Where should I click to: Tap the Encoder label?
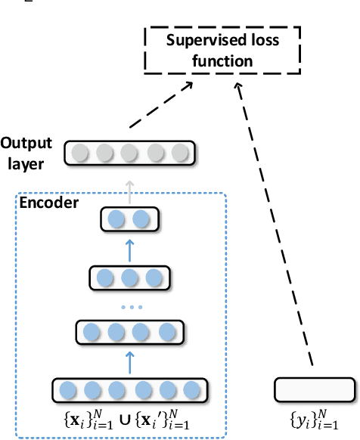(x=46, y=203)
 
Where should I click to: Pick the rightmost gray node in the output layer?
(x=179, y=153)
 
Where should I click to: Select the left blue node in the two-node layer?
(x=116, y=220)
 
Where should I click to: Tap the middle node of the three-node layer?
(x=129, y=277)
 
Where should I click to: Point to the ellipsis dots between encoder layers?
(x=129, y=308)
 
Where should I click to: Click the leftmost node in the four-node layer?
(x=92, y=332)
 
